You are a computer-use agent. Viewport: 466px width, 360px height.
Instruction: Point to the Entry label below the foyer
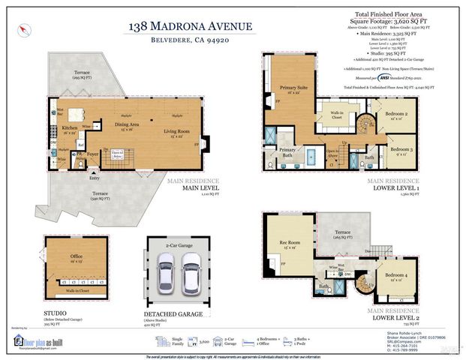94,178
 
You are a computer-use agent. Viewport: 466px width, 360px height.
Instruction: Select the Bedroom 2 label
396,115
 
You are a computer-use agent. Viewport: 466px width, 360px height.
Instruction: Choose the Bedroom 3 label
400,151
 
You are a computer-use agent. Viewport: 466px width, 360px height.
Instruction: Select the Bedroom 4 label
396,277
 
